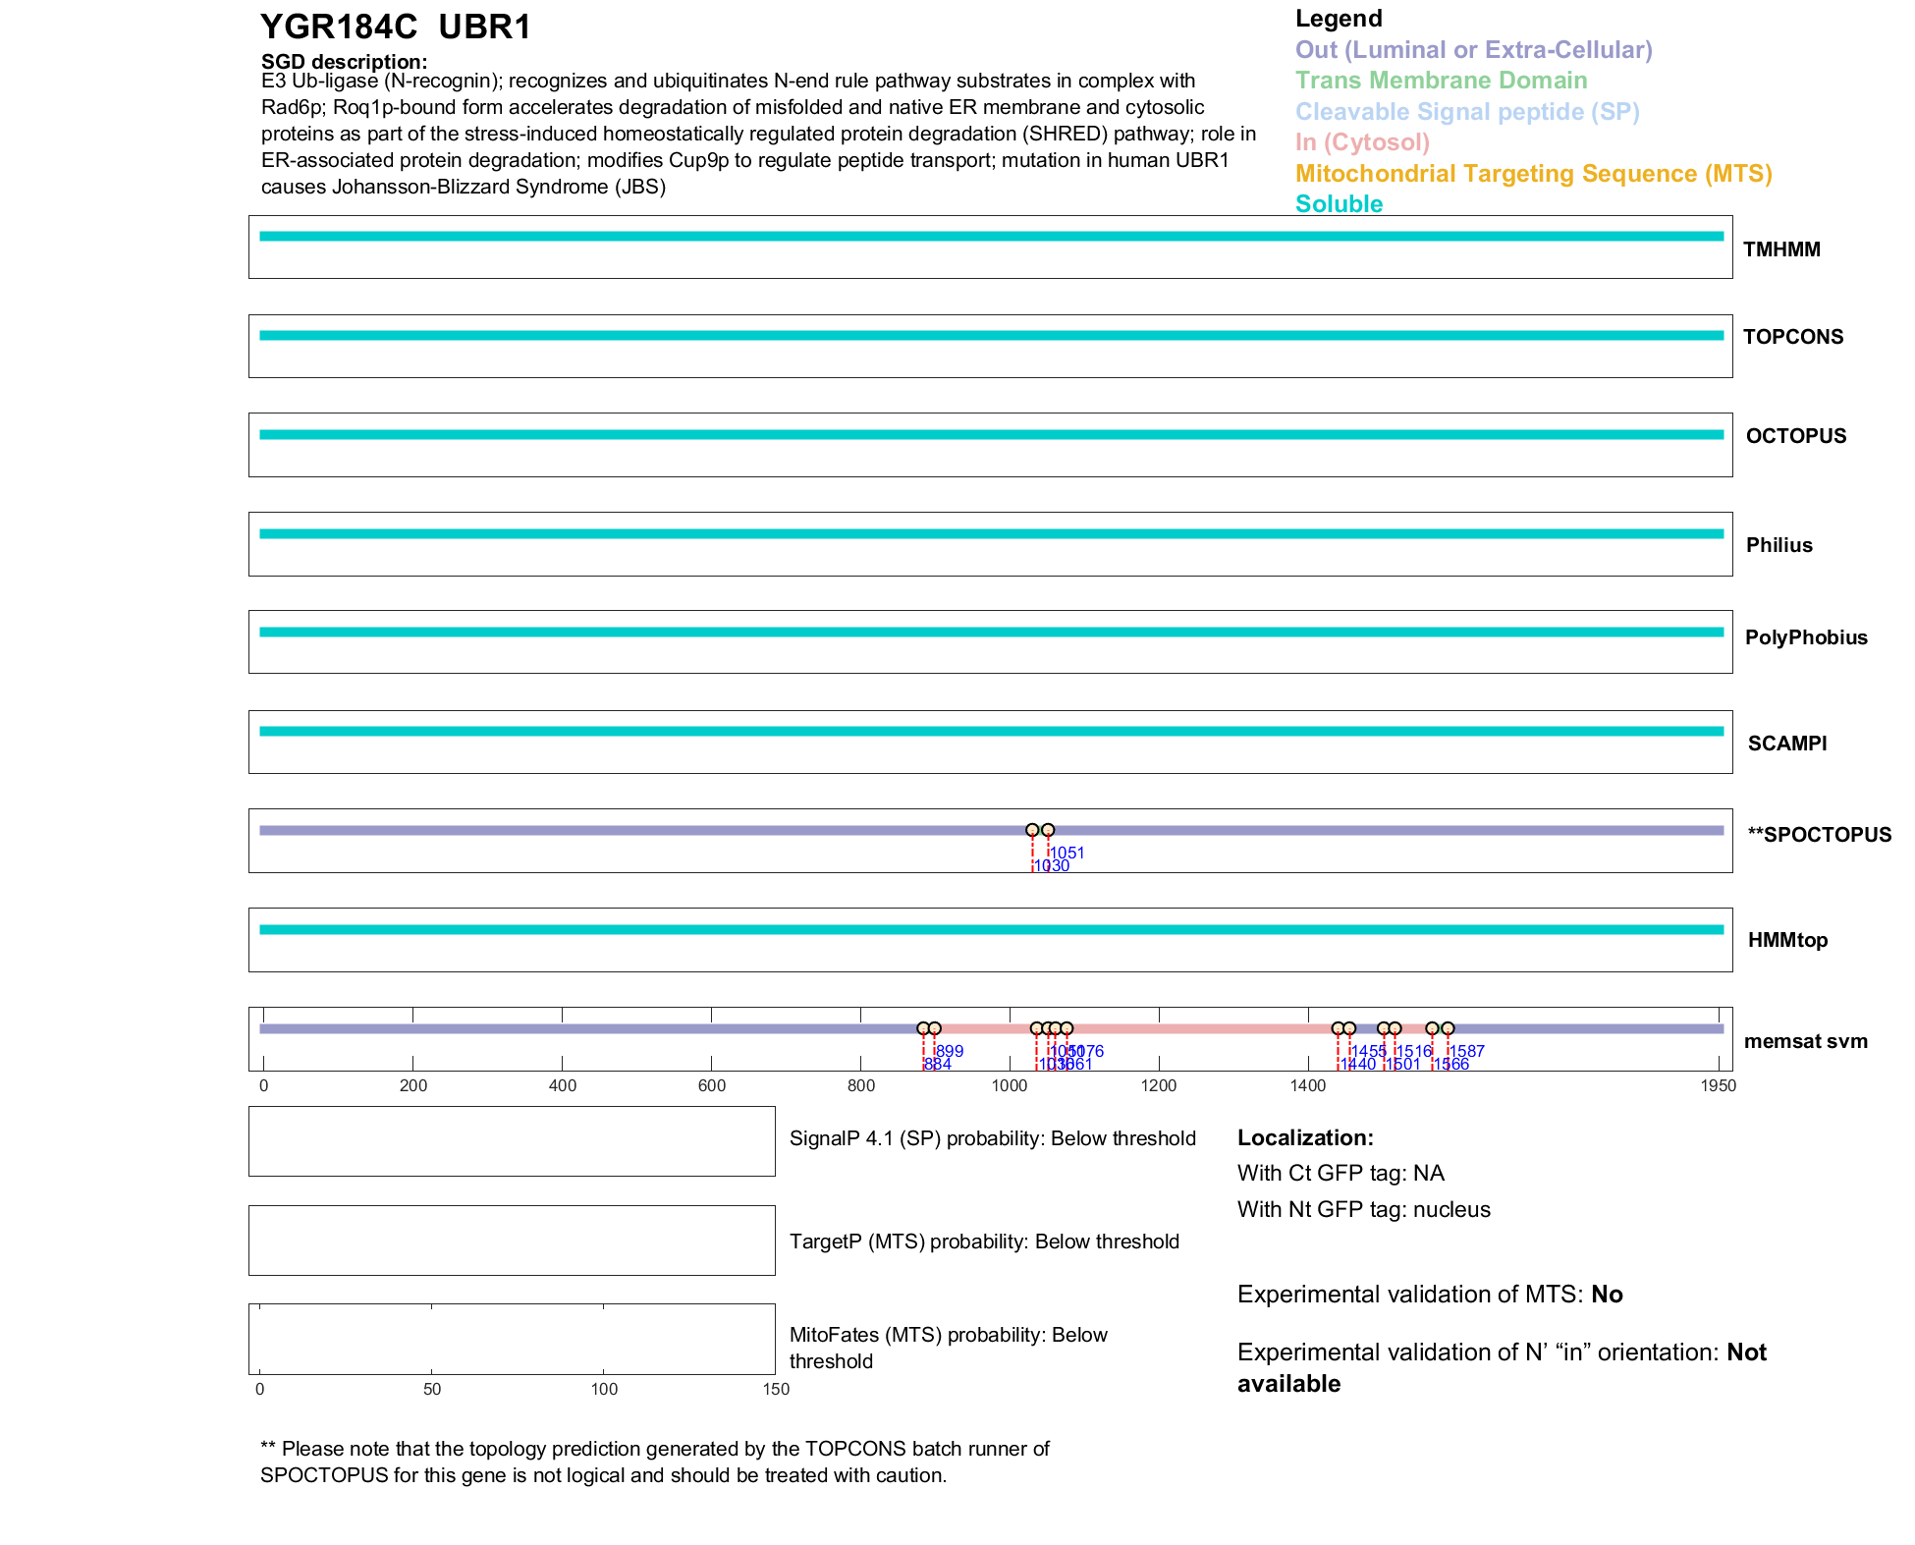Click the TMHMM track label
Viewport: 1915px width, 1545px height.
[x=1780, y=249]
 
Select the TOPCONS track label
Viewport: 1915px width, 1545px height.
[x=1792, y=337]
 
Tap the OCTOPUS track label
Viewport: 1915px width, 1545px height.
[x=1795, y=436]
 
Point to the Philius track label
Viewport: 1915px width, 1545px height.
[x=1778, y=545]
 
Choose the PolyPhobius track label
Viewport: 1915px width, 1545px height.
[x=1805, y=637]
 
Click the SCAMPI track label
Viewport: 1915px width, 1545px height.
[x=1786, y=744]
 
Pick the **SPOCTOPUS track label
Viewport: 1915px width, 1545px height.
[x=1819, y=835]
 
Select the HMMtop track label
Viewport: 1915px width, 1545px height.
[x=1787, y=940]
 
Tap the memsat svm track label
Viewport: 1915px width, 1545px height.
[x=1805, y=1041]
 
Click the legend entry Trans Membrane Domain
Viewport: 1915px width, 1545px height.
[x=1441, y=81]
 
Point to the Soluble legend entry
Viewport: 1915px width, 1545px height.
[x=1339, y=204]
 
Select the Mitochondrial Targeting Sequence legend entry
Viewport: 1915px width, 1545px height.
[x=1533, y=174]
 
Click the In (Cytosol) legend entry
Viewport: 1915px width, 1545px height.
[x=1362, y=142]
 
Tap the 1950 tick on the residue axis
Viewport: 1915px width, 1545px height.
[x=1718, y=1085]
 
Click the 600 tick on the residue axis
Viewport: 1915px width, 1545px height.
[x=711, y=1085]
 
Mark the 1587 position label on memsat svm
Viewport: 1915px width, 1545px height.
[x=1467, y=1051]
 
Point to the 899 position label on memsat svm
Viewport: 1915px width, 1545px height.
[x=950, y=1051]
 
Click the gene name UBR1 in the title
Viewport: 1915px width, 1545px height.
[x=484, y=28]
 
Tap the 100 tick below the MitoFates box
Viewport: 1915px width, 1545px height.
[x=604, y=1389]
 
